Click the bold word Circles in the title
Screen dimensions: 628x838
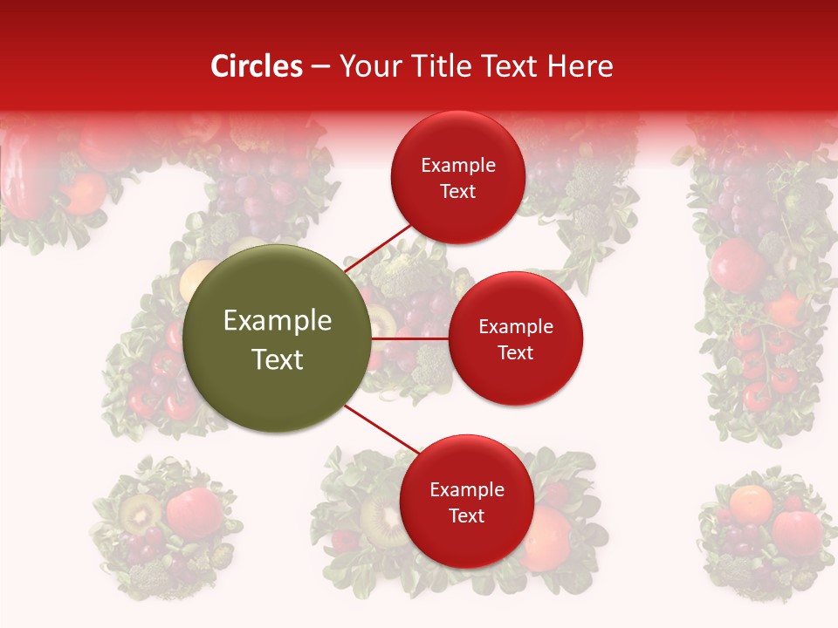[257, 66]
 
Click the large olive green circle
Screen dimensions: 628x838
[278, 338]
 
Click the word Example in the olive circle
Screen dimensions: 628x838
[278, 321]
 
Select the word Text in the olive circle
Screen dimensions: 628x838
[278, 359]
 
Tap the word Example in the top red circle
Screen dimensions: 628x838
[457, 166]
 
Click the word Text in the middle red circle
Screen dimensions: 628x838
[515, 352]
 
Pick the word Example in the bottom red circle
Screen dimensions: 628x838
[466, 490]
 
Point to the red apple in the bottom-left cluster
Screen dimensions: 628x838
[194, 513]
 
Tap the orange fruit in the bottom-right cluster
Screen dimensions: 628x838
[751, 503]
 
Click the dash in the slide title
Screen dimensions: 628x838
[320, 66]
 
